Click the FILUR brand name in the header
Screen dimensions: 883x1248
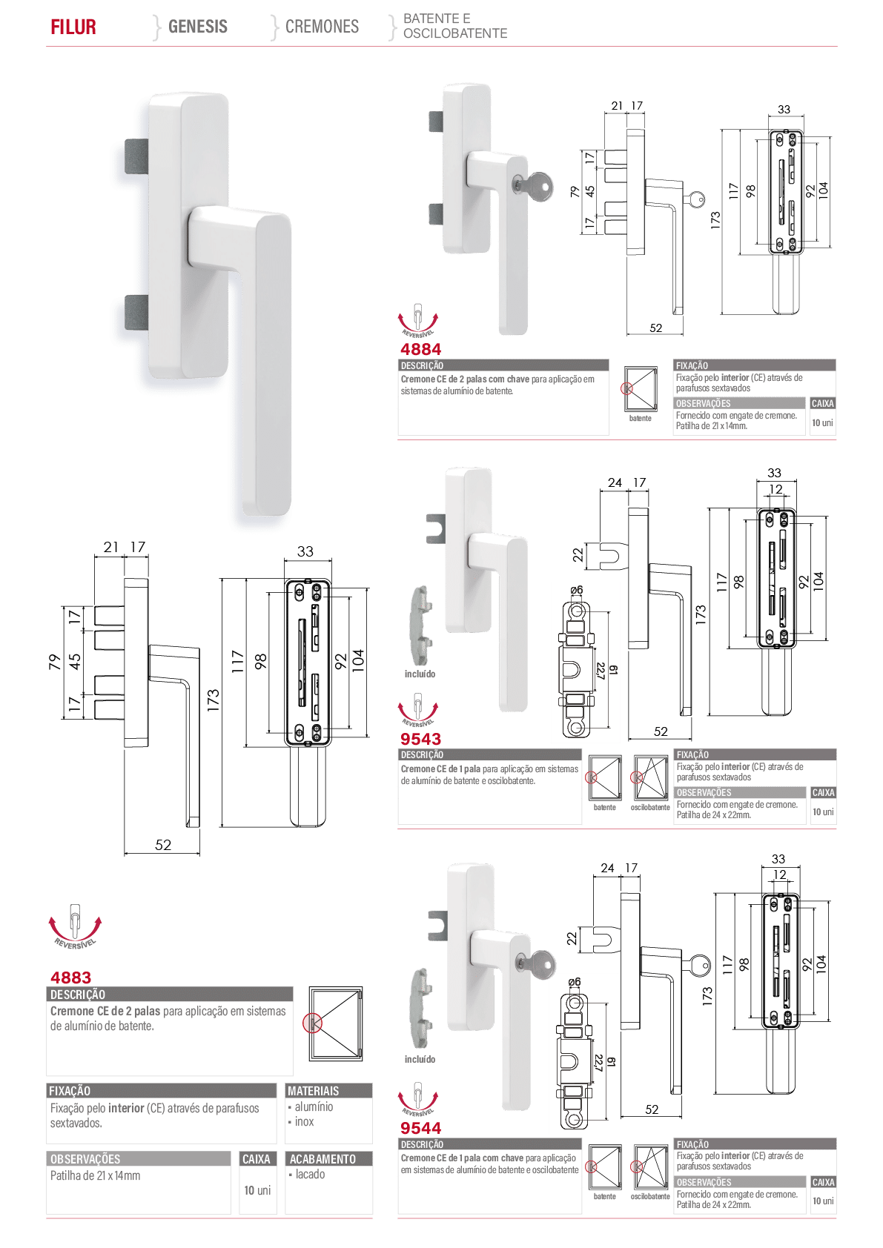(73, 27)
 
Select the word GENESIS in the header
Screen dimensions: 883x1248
(198, 27)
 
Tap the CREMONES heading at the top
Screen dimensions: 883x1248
(323, 27)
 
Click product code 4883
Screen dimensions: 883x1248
(70, 978)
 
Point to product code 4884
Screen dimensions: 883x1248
(421, 349)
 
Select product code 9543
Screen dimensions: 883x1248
(421, 739)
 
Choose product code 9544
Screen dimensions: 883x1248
(421, 1128)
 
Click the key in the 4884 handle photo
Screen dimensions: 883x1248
(534, 185)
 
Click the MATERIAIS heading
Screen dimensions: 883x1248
(314, 1091)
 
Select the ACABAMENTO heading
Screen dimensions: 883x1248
(323, 1159)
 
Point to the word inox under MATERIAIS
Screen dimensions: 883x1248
(305, 1121)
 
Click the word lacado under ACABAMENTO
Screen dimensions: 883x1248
(311, 1174)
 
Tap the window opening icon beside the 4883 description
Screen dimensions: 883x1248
(336, 1024)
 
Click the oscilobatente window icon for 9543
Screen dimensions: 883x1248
(650, 777)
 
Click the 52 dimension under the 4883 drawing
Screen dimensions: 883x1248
(163, 845)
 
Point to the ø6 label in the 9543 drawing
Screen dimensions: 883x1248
(576, 589)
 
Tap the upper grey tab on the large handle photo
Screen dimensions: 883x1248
(136, 156)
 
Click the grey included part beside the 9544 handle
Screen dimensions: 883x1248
(422, 1000)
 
